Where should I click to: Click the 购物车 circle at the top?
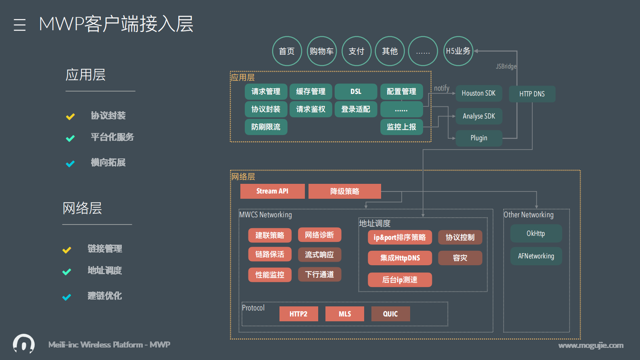(x=321, y=51)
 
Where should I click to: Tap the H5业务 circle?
(x=458, y=51)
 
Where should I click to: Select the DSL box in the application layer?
(x=356, y=92)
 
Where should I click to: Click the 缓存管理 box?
(x=311, y=92)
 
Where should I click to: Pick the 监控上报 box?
(x=401, y=127)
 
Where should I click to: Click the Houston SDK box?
(x=479, y=93)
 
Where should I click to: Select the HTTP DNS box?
(x=532, y=94)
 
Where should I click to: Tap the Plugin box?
(x=479, y=138)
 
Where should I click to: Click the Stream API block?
(x=272, y=191)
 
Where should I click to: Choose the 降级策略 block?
(x=344, y=191)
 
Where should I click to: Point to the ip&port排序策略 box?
(x=400, y=237)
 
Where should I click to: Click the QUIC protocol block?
(x=390, y=314)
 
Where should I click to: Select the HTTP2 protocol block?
(x=298, y=314)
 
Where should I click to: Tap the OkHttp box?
(x=536, y=233)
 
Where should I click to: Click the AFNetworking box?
(x=536, y=256)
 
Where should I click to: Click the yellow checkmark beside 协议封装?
(x=70, y=117)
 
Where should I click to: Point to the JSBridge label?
(x=506, y=67)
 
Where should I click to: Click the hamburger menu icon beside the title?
(x=20, y=25)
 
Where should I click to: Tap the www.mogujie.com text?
(x=591, y=345)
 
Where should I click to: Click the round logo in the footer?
(x=24, y=344)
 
